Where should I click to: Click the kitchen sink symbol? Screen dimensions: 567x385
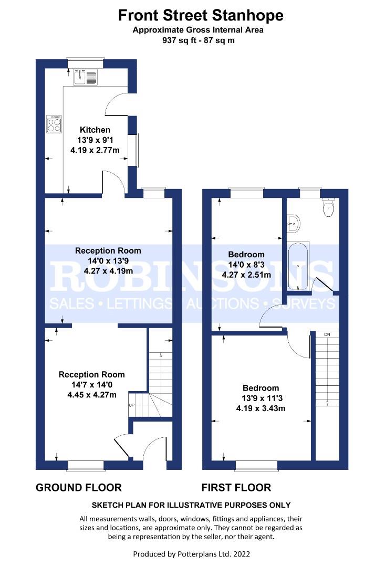coord(85,77)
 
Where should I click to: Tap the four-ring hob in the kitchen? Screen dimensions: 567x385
coord(54,124)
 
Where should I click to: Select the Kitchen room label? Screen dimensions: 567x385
coord(95,130)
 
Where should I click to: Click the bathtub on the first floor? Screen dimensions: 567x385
coord(298,266)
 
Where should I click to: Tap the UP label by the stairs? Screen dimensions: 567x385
coord(131,406)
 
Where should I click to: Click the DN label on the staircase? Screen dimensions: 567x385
coord(327,334)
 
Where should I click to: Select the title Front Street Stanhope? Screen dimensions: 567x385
coord(201,15)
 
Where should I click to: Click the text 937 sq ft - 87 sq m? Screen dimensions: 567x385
coord(198,40)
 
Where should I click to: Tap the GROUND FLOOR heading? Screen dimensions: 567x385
coord(78,488)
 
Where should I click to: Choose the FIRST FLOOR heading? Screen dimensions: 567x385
coord(236,488)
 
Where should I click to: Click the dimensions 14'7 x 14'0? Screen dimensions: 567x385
coord(92,385)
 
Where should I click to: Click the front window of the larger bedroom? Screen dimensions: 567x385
coord(256,465)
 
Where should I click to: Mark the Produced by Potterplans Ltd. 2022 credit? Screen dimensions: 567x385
coord(192,554)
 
